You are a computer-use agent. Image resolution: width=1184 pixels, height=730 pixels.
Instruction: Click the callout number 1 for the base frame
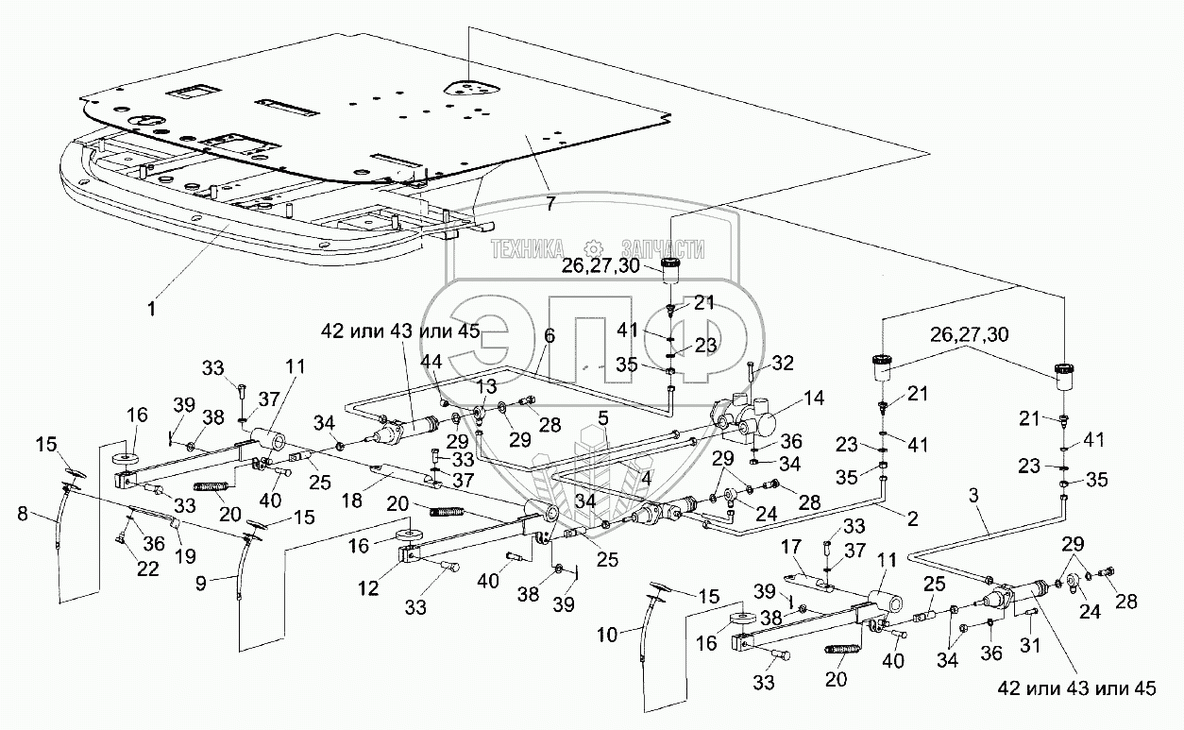152,309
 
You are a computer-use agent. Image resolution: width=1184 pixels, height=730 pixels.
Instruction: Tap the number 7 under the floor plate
550,203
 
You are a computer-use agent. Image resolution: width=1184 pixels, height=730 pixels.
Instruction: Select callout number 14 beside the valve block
814,398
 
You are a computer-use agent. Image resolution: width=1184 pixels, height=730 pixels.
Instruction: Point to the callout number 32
783,364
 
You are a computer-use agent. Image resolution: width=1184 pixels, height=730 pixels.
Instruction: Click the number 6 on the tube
550,335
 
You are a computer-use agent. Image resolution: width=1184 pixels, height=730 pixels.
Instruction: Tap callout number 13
486,386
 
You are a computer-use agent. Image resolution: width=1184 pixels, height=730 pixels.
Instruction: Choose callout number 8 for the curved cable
23,513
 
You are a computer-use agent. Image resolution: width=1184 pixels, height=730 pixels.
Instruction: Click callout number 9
200,584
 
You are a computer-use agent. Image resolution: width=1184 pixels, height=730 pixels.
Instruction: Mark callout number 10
607,635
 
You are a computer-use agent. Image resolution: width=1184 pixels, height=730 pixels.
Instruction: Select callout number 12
368,587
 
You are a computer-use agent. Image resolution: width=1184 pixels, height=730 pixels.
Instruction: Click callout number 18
352,501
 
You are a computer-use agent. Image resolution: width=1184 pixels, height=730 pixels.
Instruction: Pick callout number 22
148,569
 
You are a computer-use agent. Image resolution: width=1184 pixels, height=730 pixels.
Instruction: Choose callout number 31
1030,644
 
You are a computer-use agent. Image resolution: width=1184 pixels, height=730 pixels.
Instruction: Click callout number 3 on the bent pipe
973,495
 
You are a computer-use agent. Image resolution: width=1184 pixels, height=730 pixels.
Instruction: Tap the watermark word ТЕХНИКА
527,248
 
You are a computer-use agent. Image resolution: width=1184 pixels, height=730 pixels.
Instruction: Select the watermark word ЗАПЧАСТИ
663,248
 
